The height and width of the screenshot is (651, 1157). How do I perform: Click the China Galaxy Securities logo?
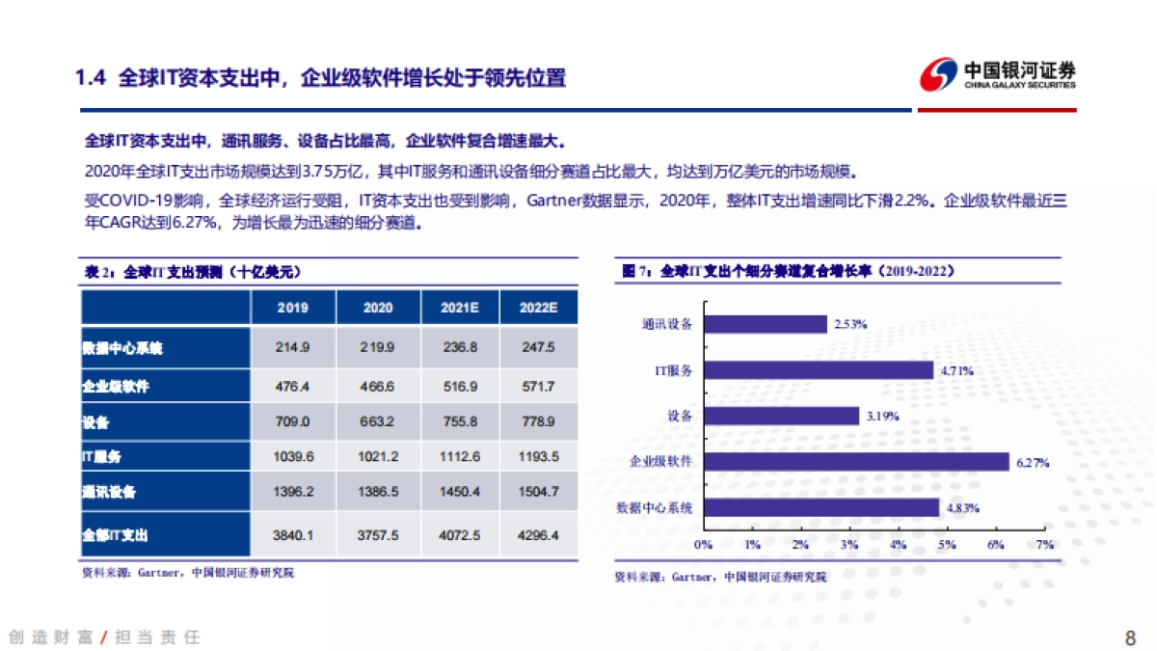[x=997, y=75]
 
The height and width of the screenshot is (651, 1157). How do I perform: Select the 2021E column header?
[x=460, y=308]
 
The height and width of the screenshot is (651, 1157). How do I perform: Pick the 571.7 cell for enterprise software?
[x=537, y=386]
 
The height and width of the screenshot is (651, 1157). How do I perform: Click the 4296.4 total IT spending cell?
[x=537, y=534]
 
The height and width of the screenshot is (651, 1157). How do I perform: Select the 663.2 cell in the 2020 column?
[x=378, y=421]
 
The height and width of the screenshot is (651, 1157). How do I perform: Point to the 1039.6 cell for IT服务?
[x=292, y=456]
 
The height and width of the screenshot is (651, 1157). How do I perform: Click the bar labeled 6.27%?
[x=855, y=462]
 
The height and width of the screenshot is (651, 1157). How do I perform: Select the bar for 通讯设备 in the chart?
[x=765, y=324]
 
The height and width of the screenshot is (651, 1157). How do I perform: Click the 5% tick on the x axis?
[x=947, y=546]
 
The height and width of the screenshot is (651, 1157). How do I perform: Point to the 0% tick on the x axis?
[x=703, y=546]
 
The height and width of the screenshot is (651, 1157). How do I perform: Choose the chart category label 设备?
[x=679, y=416]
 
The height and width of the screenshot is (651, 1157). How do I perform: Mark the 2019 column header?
[x=292, y=308]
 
